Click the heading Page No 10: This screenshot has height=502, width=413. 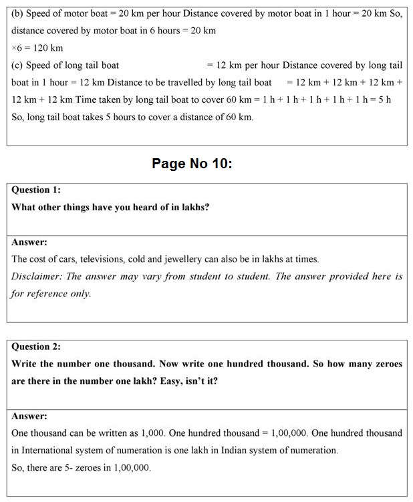pos(192,163)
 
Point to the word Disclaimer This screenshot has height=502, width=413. pos(36,276)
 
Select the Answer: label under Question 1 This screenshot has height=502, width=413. pos(29,242)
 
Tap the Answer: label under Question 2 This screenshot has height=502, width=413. pos(29,416)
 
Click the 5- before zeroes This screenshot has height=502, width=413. pos(83,468)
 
